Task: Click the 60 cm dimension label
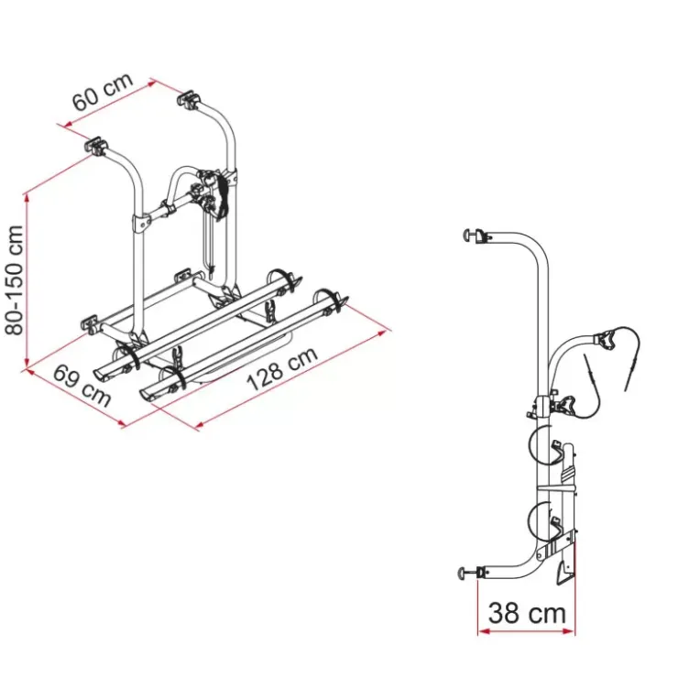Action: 103,93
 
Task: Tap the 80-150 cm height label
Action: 15,280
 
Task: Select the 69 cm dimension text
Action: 82,386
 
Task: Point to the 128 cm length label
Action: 282,369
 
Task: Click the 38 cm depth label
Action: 527,613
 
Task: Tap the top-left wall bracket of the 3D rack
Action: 95,146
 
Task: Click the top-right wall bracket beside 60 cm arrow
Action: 189,99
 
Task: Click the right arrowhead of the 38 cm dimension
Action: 570,632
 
